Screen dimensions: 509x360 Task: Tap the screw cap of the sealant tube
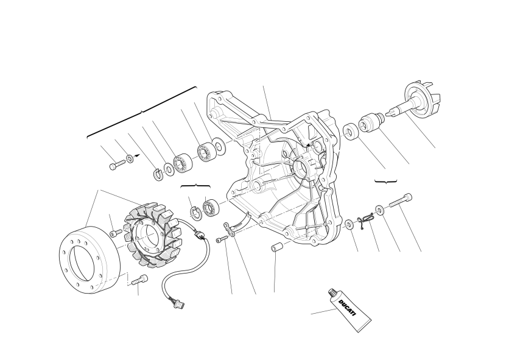tap(332, 294)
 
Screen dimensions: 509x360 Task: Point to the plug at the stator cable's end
tap(179, 305)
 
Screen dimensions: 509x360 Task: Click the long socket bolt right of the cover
tap(400, 200)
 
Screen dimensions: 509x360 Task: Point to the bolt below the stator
tap(139, 280)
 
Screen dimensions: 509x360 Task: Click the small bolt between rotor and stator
tap(116, 232)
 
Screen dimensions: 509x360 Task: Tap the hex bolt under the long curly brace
tap(117, 164)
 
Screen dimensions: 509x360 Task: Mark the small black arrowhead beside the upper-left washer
tap(138, 155)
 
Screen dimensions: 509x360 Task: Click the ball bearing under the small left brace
tap(212, 208)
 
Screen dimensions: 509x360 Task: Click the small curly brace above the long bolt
tap(385, 182)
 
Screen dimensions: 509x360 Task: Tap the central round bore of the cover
tap(303, 167)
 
